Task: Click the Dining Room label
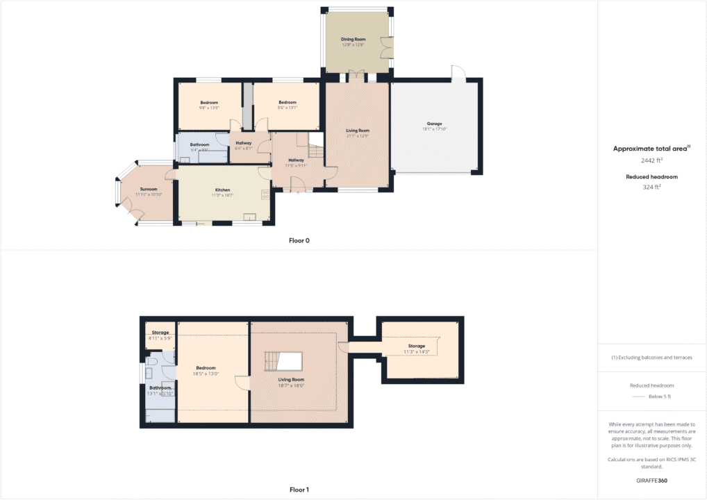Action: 353,40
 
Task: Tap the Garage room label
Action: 435,124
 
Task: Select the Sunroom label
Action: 149,189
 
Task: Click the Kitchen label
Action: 222,190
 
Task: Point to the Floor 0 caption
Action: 299,241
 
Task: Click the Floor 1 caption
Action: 299,490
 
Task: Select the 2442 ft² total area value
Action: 651,160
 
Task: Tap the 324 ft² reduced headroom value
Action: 651,187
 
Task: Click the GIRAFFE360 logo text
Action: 651,480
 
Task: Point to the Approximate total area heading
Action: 651,149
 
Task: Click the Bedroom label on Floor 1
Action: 206,368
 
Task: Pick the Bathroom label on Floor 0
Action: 200,144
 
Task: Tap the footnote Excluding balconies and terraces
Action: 651,358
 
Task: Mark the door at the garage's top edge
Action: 459,73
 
